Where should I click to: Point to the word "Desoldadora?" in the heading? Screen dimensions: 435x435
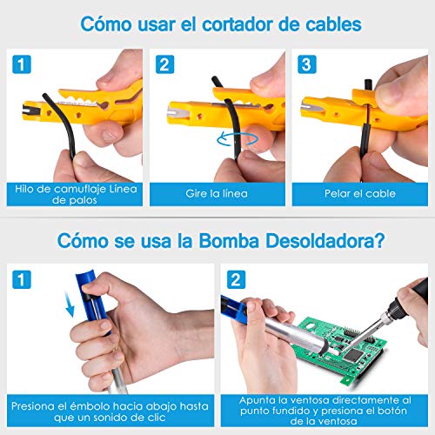tap(349, 237)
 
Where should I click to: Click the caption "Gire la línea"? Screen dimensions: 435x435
tap(217, 192)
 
